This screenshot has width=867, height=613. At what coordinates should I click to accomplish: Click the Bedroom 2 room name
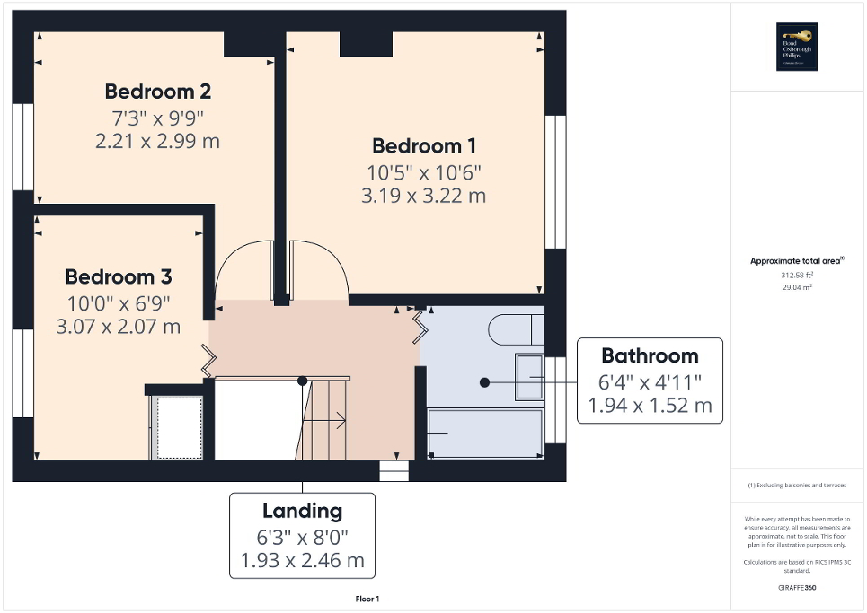point(158,92)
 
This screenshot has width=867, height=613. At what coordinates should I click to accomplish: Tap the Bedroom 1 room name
point(424,145)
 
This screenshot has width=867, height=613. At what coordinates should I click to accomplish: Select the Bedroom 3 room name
point(119,276)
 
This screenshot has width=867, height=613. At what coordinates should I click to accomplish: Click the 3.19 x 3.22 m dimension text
point(424,195)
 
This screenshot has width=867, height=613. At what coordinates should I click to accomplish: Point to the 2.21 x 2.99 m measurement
point(157,141)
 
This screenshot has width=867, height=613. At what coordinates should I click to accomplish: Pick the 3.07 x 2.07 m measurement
point(119,326)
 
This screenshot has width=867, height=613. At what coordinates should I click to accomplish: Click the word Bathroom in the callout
point(650,355)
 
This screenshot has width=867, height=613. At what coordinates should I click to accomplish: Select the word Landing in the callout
point(302,511)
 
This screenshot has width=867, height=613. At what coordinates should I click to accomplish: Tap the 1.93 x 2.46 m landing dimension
point(302,561)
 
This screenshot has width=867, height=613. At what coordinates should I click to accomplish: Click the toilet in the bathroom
point(515,329)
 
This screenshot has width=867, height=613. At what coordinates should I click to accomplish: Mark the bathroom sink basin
point(528,376)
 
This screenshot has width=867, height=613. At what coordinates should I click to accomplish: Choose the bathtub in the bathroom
point(486,433)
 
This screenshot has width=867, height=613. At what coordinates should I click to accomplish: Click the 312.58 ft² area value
point(797,276)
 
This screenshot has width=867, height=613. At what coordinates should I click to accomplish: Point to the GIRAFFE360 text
point(797,588)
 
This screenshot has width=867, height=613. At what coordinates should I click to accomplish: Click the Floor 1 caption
point(367,599)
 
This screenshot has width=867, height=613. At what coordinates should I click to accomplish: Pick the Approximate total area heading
point(796,260)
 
